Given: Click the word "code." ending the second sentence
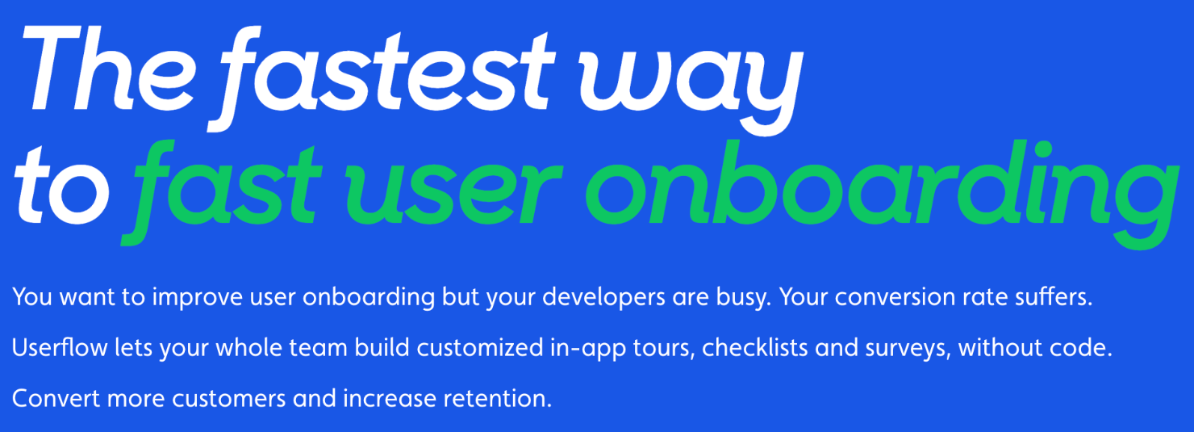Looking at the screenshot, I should (1081, 348).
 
